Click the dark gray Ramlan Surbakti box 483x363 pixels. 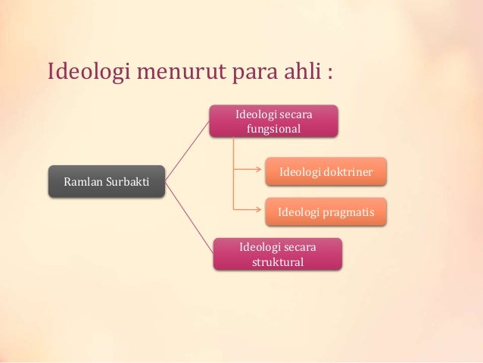(x=107, y=182)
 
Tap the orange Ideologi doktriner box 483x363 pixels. (x=326, y=171)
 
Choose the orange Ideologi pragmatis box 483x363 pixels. (x=326, y=211)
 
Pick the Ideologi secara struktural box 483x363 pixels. (x=277, y=254)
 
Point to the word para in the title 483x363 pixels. (x=247, y=74)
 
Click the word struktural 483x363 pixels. (x=277, y=262)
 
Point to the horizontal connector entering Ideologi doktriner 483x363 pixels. (x=249, y=171)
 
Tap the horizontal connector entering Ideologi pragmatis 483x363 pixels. (x=249, y=209)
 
